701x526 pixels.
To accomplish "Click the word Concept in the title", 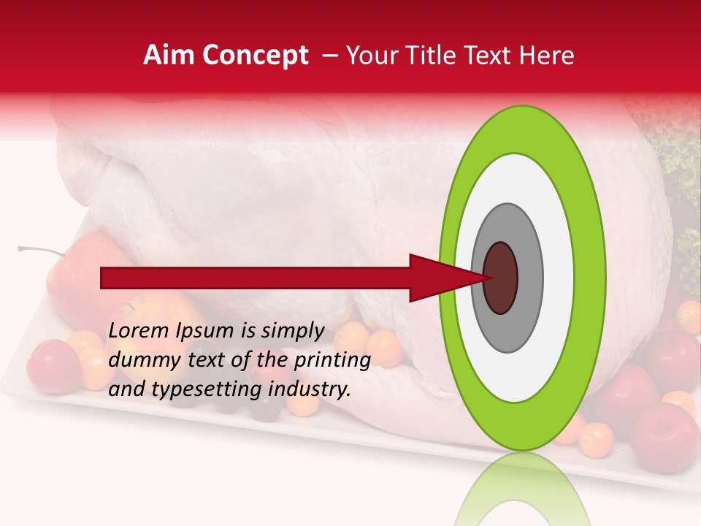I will [x=255, y=56].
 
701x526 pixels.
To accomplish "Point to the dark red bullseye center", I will [x=501, y=278].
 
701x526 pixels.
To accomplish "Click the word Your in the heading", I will [x=371, y=56].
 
